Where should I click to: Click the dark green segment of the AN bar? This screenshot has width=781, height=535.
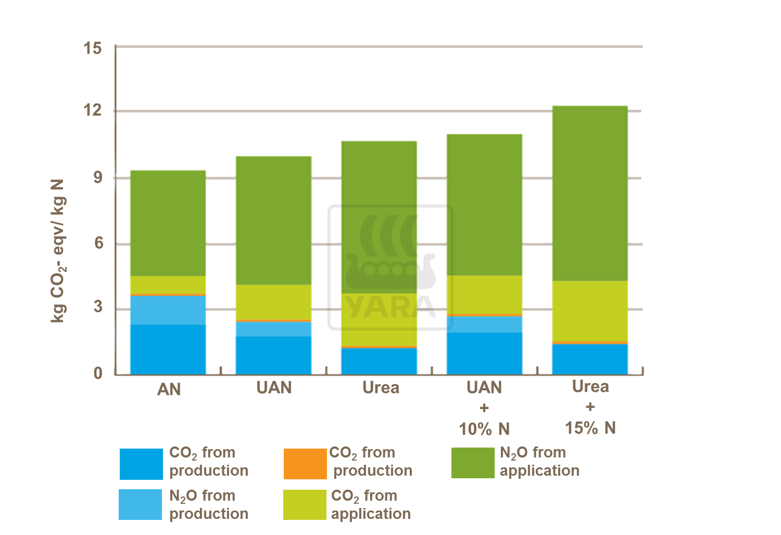click(x=168, y=223)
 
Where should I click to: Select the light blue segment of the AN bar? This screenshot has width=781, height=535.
click(x=168, y=310)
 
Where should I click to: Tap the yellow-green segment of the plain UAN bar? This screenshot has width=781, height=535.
click(x=273, y=302)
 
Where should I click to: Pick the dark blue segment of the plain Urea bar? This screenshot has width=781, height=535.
click(x=379, y=361)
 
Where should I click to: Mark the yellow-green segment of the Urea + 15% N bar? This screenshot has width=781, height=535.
click(x=590, y=311)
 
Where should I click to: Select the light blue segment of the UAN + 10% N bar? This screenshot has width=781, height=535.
click(x=484, y=324)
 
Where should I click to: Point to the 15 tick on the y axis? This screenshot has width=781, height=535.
click(x=93, y=48)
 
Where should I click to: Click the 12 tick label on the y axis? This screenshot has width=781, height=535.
click(x=93, y=111)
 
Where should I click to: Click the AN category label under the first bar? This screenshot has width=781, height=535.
click(x=169, y=389)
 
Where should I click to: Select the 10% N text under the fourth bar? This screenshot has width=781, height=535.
click(x=484, y=429)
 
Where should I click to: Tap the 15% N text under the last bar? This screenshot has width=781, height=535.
click(x=590, y=428)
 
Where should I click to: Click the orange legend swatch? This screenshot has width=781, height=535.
click(x=305, y=464)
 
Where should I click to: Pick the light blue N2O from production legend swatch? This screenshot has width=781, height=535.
click(x=140, y=504)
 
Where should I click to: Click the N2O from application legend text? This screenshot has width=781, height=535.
click(x=539, y=462)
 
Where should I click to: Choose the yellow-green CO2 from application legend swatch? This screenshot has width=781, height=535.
click(x=305, y=505)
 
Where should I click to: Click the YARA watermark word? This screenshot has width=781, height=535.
click(x=391, y=307)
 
